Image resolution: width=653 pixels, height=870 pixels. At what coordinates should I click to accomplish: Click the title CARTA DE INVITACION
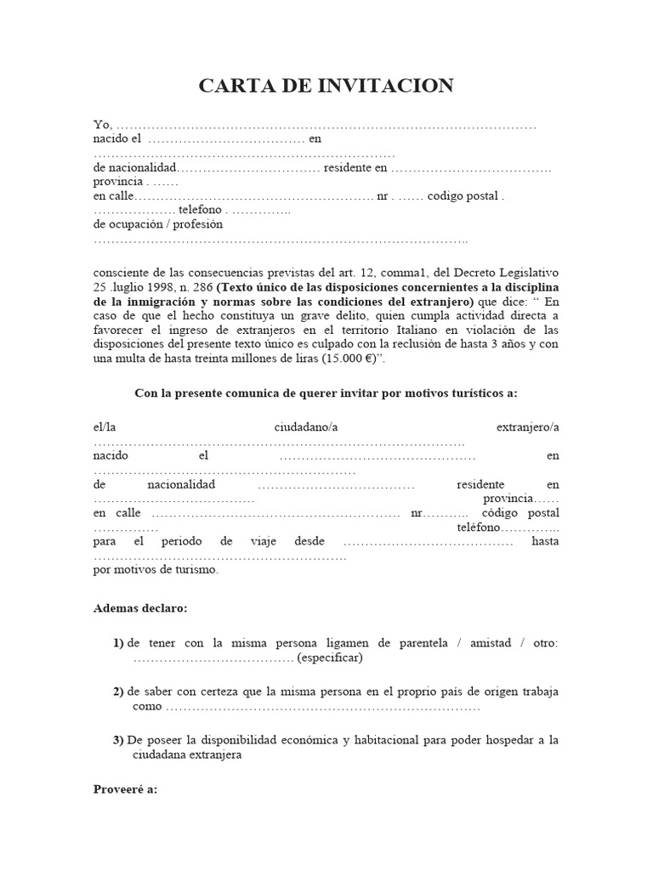click(326, 86)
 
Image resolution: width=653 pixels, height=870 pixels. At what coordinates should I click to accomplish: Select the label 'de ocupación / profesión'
click(157, 224)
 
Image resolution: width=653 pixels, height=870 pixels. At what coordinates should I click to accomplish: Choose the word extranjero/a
click(527, 427)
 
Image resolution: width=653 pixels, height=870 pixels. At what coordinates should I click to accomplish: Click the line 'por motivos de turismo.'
click(156, 570)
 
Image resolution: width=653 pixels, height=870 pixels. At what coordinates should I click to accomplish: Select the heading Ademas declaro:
click(139, 608)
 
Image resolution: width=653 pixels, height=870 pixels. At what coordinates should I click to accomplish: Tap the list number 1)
click(118, 643)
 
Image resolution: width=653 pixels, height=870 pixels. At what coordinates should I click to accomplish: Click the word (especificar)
click(330, 658)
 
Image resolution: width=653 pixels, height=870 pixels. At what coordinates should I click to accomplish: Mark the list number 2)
click(118, 692)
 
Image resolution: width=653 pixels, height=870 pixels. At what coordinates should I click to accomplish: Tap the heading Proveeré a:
click(125, 788)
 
